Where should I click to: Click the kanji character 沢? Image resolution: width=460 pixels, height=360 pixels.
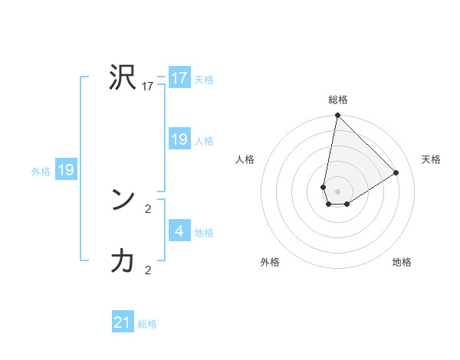[123, 78]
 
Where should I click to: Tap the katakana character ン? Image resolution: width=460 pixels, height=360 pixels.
[123, 200]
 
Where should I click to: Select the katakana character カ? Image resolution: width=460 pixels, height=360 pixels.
[123, 261]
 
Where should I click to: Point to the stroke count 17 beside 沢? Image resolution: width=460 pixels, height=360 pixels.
[148, 87]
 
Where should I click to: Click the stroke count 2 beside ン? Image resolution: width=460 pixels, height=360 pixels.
[148, 208]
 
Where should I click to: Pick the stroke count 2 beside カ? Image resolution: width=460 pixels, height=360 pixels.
[148, 270]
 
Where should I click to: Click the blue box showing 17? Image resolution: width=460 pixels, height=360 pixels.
[179, 78]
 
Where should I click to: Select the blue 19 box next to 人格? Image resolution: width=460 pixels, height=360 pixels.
[179, 139]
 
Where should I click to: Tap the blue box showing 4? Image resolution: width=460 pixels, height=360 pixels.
[179, 231]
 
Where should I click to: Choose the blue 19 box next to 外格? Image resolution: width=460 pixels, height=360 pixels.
[66, 170]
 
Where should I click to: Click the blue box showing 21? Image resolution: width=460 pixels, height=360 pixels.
[123, 322]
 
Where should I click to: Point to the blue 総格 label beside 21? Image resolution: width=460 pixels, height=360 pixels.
[147, 324]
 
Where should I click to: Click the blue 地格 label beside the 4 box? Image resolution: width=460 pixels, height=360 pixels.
[204, 232]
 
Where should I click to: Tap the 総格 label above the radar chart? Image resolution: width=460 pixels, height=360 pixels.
[338, 100]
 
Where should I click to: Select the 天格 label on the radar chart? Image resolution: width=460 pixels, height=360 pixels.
[431, 159]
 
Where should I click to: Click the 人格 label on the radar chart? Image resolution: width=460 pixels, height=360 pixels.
[245, 159]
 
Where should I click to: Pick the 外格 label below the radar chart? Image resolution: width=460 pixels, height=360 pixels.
[270, 262]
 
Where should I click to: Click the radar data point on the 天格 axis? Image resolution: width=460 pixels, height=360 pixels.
[396, 172]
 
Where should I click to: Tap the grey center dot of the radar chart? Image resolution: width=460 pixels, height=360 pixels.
[338, 191]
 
